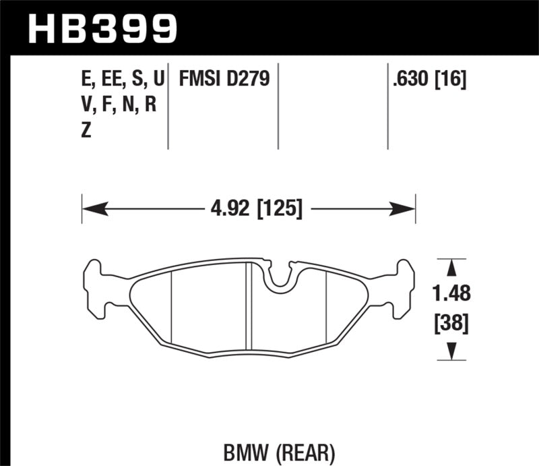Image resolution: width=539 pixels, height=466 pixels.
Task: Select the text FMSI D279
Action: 224,80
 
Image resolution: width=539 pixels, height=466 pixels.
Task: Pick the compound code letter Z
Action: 86,132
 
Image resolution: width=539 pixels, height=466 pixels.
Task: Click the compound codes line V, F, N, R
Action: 118,106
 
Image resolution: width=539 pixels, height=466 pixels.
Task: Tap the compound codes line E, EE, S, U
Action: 121,80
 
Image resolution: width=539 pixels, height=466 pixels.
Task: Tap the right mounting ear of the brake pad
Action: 402,287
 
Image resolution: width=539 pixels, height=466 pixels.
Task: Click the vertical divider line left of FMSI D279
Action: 168,108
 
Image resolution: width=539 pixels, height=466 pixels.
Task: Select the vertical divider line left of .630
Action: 388,108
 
